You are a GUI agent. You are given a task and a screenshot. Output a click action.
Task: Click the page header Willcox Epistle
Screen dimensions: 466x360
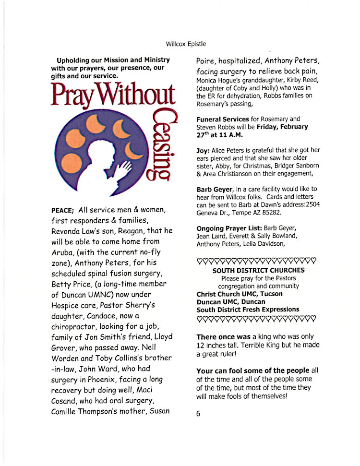[x=186, y=44]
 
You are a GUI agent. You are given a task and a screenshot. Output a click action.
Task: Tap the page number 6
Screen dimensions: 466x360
[x=198, y=414]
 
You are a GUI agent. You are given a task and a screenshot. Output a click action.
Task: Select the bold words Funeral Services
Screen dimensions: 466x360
[x=223, y=119]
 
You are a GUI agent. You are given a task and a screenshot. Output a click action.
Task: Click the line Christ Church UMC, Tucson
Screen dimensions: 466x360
[x=240, y=294]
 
